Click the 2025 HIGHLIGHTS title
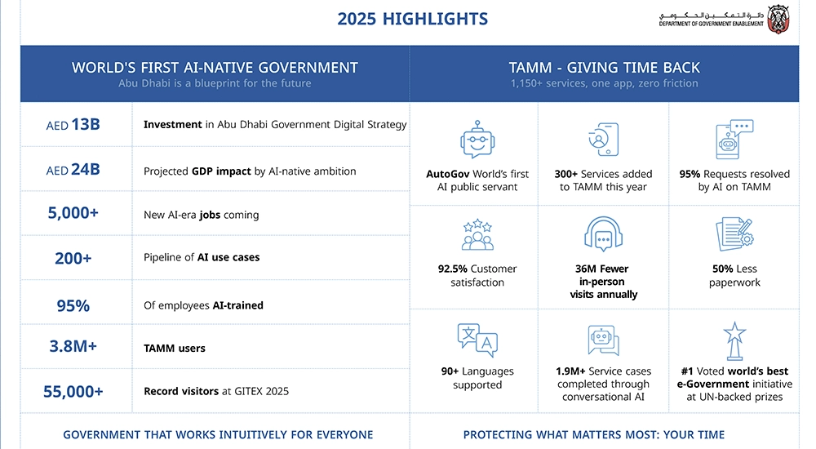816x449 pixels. point(412,19)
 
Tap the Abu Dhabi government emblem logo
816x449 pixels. point(778,20)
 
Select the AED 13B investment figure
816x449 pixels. point(73,124)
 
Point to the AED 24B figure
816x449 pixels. point(73,169)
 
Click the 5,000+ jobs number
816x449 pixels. point(73,212)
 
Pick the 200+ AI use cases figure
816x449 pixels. point(73,258)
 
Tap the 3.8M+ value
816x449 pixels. point(73,346)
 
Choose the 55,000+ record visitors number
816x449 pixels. point(73,391)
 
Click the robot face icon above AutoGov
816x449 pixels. point(477,140)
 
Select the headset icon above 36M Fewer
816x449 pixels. point(603,234)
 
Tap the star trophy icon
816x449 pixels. point(734,341)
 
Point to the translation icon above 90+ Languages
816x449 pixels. point(477,340)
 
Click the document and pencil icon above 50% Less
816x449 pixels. point(734,234)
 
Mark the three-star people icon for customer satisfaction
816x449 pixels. point(477,234)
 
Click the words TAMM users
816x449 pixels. point(175,349)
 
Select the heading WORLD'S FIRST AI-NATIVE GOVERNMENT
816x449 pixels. point(215,68)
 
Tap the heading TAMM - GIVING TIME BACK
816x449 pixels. point(604,68)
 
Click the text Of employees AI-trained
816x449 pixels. point(203,305)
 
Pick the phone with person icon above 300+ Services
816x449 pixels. point(603,139)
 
